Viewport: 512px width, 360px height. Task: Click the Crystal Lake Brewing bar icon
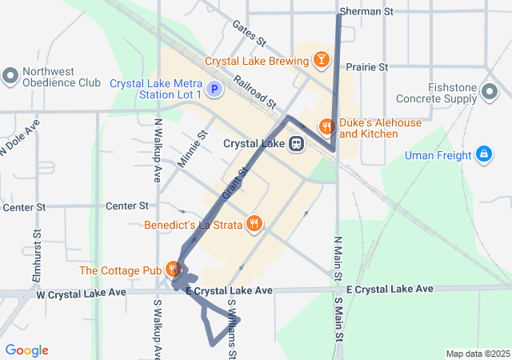tap(320, 61)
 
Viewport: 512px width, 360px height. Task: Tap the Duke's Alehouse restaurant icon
tap(326, 126)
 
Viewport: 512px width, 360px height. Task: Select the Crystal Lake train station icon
tap(296, 145)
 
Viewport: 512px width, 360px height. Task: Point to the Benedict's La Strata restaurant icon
tap(254, 224)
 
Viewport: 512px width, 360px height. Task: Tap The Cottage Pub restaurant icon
tap(173, 269)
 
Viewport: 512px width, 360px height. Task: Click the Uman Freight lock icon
tap(483, 154)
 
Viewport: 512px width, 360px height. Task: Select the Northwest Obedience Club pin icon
tap(10, 75)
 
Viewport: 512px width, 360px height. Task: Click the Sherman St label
tap(367, 12)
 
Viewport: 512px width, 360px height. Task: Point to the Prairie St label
tap(367, 67)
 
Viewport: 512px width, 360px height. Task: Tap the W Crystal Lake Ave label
tap(82, 294)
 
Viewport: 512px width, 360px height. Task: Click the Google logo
tap(26, 350)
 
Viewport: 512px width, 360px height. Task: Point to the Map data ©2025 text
tap(478, 354)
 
